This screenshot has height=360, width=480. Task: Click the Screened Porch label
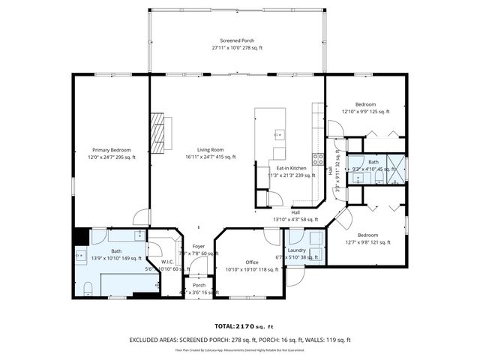coord(236,40)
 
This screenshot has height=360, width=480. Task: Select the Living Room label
coord(211,150)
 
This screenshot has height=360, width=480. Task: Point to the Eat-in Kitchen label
coord(291,168)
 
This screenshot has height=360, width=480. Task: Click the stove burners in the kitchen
coord(318,159)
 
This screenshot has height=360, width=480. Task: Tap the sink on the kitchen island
coord(279,135)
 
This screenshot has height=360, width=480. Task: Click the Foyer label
coord(199,246)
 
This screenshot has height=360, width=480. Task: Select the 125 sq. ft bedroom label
coord(365,104)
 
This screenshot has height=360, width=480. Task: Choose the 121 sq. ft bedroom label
coord(367,235)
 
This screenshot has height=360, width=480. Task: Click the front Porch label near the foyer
coord(199,285)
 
